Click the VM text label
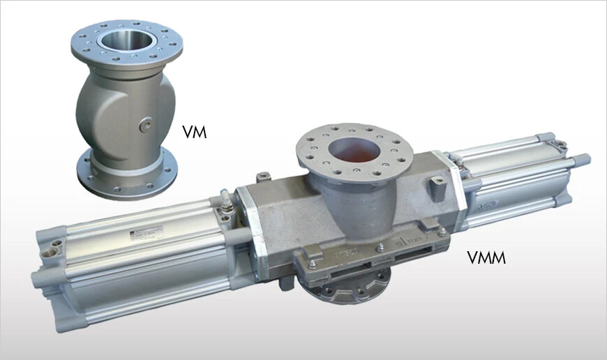(x=194, y=131)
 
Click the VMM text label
(x=486, y=259)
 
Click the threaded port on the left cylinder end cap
(x=50, y=246)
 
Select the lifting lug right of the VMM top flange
(x=437, y=184)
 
